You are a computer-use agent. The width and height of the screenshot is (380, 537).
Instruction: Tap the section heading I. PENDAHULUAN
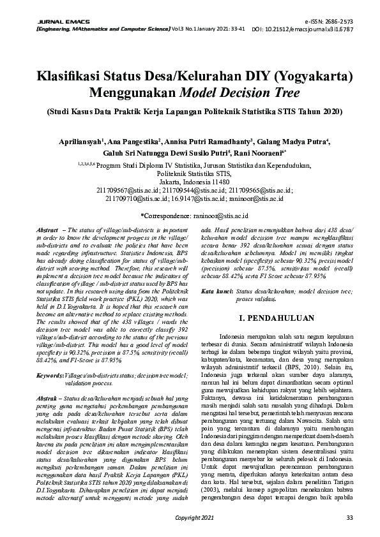tap(277, 316)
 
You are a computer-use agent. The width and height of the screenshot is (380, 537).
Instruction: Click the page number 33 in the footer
tap(349, 517)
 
